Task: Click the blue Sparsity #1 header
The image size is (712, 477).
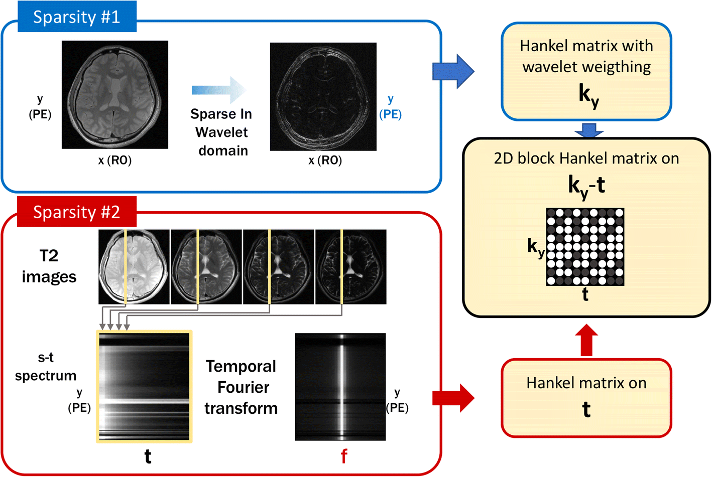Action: (x=77, y=17)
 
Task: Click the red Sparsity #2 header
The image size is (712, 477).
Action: (x=77, y=212)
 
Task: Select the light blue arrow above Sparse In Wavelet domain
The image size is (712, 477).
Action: (x=219, y=90)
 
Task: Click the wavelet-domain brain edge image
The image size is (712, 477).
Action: (x=323, y=97)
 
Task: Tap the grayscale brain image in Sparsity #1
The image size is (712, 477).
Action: (x=115, y=95)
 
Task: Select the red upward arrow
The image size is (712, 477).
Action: (x=586, y=341)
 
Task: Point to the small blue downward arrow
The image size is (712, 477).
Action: (x=588, y=130)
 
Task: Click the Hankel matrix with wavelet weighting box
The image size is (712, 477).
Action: (x=586, y=71)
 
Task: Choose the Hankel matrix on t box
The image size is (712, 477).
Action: (x=586, y=398)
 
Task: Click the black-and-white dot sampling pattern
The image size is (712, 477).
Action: (x=585, y=247)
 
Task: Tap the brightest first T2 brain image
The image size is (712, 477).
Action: (x=134, y=267)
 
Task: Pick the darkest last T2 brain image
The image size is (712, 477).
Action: (x=350, y=267)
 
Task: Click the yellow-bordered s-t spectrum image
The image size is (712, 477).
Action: (x=144, y=386)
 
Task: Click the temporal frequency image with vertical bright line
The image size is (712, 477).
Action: (x=340, y=387)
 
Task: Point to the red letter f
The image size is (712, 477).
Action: (x=344, y=456)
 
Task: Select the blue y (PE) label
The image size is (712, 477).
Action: (x=390, y=107)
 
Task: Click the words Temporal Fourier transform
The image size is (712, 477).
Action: (x=241, y=387)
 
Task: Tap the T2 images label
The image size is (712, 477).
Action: (x=49, y=266)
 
